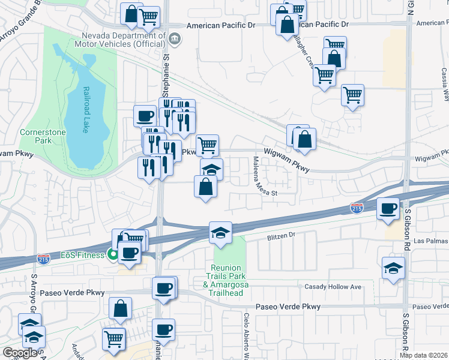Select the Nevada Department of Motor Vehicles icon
pos(175,40)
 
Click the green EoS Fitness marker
pos(112,254)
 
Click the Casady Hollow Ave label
pos(333,287)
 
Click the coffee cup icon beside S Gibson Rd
pos(388,209)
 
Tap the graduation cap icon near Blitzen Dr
pos(220,232)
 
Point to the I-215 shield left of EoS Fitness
pos(44,259)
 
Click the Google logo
pos(20,353)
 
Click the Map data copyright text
pos(424,355)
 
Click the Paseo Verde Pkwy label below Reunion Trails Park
pos(288,307)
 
